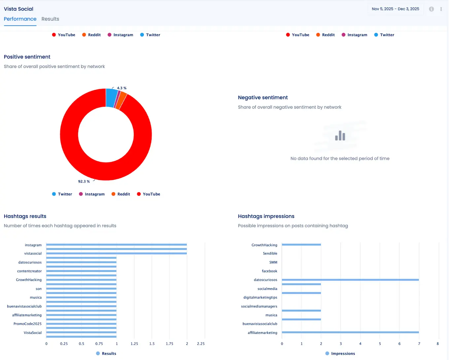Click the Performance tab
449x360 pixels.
pos(20,19)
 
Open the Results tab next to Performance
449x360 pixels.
pos(50,19)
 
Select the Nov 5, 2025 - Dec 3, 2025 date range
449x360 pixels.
pos(395,9)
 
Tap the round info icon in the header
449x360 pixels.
pos(431,9)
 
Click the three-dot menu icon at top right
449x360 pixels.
pos(441,9)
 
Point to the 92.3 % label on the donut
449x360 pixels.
pos(84,181)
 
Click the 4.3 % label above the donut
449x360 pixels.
pos(121,88)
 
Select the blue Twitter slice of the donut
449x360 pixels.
pos(111,98)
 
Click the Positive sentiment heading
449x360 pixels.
pos(27,57)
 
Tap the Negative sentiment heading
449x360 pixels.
pos(263,97)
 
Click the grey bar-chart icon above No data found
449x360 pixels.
pos(340,136)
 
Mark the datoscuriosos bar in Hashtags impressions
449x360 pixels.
pos(350,280)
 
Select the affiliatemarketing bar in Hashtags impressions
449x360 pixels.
pos(350,332)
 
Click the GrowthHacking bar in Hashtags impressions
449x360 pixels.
pos(301,245)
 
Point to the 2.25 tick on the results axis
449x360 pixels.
pos(201,344)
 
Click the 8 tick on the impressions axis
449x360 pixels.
pos(438,344)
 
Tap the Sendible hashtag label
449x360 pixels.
pos(270,253)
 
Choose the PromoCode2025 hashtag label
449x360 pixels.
pos(27,324)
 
